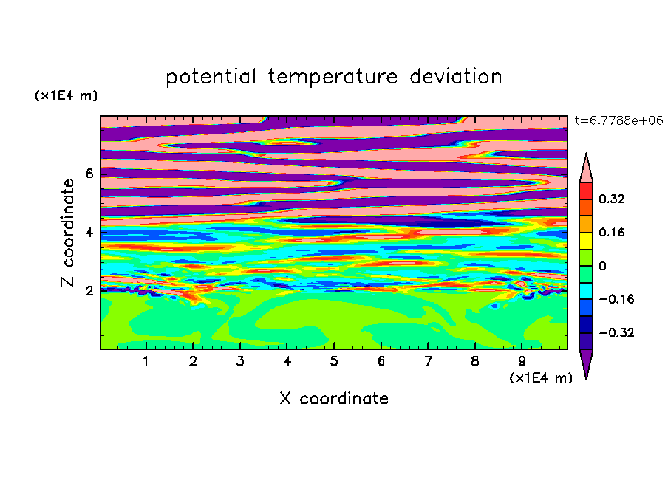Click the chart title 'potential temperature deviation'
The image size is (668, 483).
click(333, 77)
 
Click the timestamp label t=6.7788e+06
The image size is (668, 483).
click(618, 120)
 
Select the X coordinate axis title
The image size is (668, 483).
click(334, 398)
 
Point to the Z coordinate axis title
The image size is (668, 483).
click(67, 233)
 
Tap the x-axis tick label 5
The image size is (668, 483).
click(334, 361)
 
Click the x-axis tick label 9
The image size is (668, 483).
click(522, 361)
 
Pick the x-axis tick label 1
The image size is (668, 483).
click(146, 361)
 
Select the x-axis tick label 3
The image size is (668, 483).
click(240, 361)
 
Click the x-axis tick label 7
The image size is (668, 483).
click(428, 361)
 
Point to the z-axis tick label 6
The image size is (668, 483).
click(89, 174)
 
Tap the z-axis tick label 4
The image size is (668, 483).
click(89, 233)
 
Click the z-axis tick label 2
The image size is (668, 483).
click(89, 291)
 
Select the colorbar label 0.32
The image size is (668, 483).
click(612, 199)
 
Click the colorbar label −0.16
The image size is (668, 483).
click(616, 299)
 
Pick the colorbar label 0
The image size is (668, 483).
click(602, 266)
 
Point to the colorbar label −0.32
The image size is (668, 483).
click(616, 332)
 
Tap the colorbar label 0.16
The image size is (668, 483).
click(612, 232)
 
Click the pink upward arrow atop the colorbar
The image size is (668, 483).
click(586, 171)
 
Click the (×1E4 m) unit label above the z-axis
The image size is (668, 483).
click(66, 95)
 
